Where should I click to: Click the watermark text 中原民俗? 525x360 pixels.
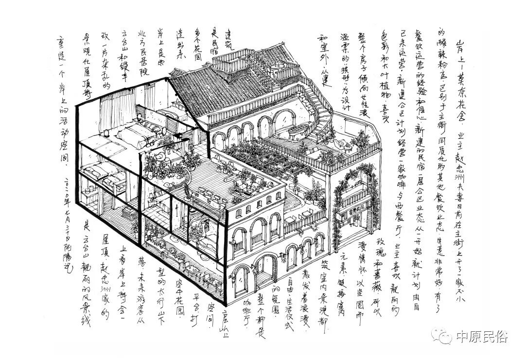(x=481, y=337)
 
